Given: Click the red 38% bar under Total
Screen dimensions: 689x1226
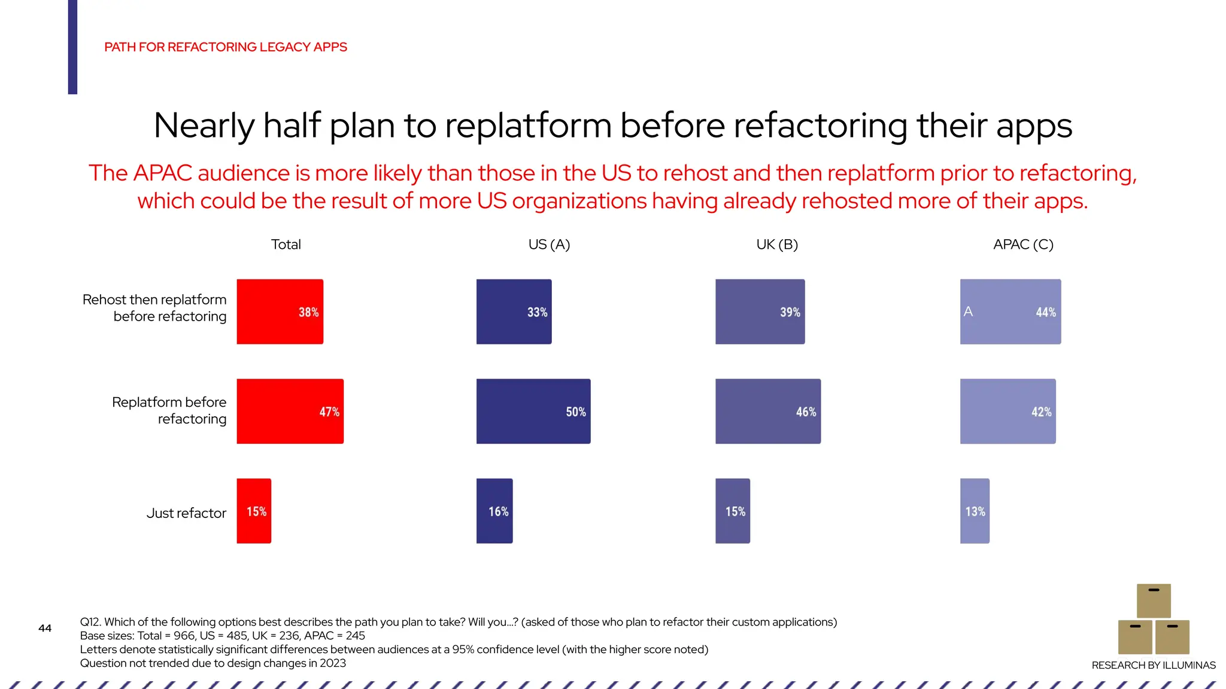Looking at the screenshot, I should (280, 312).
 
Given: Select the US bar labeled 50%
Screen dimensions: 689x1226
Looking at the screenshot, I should (533, 411).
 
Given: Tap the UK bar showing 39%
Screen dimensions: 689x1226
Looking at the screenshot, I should (760, 312).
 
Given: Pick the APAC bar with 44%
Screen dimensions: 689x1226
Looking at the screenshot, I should (1010, 312).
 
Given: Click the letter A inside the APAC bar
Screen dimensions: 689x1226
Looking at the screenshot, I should (968, 312).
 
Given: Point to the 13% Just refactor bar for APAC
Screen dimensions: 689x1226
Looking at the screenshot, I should (975, 511).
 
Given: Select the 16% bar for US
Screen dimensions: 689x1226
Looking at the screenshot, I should (494, 511).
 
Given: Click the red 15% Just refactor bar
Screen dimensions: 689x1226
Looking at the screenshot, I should (254, 511).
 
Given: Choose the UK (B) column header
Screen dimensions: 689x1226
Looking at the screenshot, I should (777, 245).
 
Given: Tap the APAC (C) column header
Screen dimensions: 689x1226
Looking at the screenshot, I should (1023, 245).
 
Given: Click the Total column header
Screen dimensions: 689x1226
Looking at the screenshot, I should (286, 245).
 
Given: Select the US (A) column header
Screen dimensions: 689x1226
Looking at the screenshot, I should (549, 245).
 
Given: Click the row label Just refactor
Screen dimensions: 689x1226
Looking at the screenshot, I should (186, 513).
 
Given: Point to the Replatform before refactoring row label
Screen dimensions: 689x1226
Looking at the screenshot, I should (169, 410).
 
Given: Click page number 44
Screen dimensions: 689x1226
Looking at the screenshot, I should (45, 628).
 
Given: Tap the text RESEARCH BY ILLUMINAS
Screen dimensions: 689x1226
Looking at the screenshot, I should (1153, 665).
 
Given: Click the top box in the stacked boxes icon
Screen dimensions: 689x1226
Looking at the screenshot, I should (1154, 600).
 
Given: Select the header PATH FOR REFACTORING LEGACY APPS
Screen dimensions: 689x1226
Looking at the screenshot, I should (226, 47).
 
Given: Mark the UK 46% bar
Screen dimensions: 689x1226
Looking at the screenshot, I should (767, 411).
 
